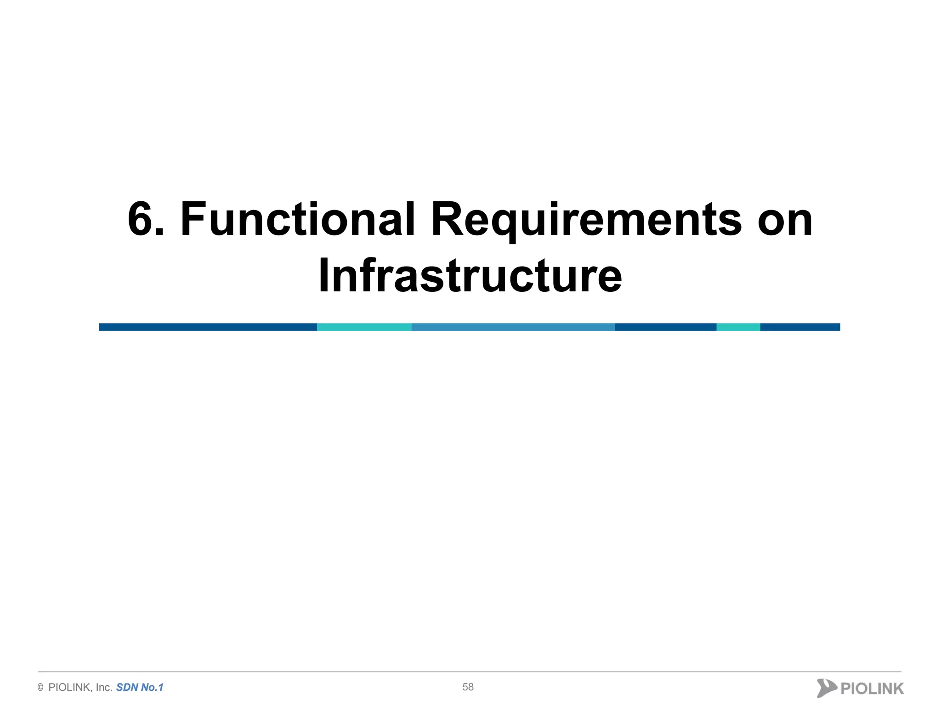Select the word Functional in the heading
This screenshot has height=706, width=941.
click(x=298, y=220)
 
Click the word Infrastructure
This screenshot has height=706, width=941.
click(x=470, y=276)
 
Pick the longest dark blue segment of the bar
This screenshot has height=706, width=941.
click(x=208, y=327)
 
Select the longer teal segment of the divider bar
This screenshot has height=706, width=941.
click(x=364, y=327)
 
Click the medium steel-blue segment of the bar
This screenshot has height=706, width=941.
click(x=513, y=327)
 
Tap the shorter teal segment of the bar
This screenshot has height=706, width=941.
click(x=738, y=327)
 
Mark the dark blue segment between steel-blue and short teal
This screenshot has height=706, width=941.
click(x=665, y=327)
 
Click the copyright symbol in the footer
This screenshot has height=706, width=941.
click(x=40, y=688)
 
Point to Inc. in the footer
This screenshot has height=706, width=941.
click(x=104, y=688)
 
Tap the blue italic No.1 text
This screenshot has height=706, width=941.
click(x=152, y=688)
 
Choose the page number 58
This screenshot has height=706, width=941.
click(x=468, y=687)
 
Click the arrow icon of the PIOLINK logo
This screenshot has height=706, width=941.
click(x=826, y=688)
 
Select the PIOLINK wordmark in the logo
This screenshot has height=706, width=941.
click(x=872, y=689)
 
